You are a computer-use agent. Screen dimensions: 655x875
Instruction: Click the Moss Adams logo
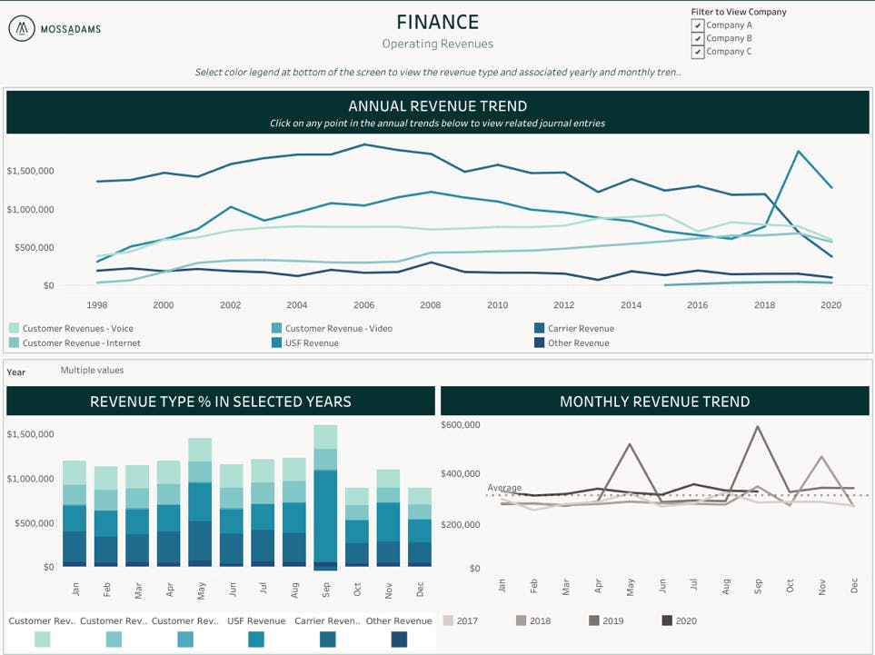click(55, 29)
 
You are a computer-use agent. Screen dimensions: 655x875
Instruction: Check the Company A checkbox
click(697, 25)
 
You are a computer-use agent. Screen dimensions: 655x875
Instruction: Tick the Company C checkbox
click(697, 52)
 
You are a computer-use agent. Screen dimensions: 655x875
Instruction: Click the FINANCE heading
click(437, 22)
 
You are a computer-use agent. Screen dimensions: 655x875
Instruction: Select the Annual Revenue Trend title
click(437, 106)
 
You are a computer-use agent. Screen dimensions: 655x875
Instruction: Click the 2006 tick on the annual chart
click(364, 305)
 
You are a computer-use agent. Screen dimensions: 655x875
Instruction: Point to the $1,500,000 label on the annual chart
click(31, 171)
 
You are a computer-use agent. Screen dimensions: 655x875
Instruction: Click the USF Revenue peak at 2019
click(798, 152)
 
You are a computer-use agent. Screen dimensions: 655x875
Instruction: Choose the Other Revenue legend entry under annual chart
click(578, 343)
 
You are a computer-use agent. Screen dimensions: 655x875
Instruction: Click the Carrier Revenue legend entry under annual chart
click(580, 329)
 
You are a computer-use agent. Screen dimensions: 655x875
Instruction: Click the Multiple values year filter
click(92, 371)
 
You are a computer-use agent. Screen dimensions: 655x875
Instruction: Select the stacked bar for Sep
click(325, 495)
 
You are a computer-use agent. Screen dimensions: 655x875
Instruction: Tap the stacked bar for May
click(200, 500)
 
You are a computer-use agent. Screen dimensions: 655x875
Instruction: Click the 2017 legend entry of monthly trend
click(460, 621)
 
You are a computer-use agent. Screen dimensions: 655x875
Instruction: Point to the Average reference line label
click(504, 488)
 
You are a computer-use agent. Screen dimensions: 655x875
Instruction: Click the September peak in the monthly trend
click(757, 426)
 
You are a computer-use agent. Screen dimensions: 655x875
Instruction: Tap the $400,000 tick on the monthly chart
click(461, 474)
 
